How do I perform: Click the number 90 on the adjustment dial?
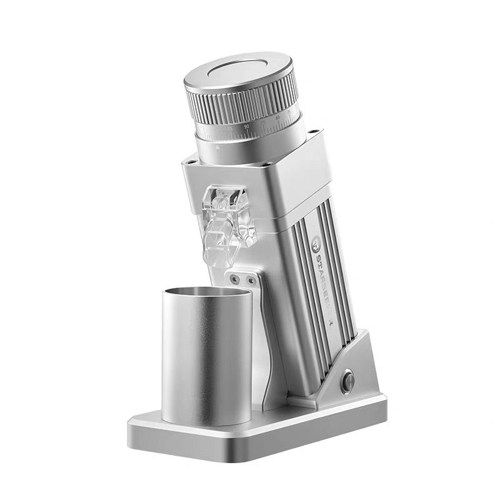pos(247,126)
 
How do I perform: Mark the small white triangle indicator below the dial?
pos(217,149)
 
